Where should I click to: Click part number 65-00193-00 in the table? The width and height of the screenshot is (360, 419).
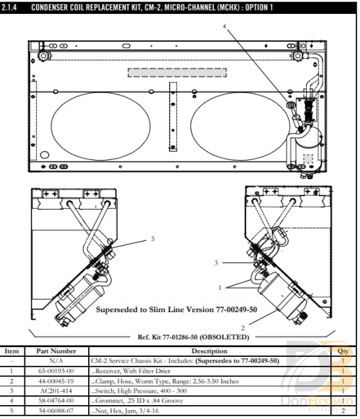(56, 371)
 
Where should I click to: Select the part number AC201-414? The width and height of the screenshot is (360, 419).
(56, 391)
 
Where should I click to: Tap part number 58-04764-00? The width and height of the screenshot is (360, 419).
(56, 401)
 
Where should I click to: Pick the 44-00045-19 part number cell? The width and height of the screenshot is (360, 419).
(56, 381)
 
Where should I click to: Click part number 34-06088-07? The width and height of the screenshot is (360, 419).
(56, 411)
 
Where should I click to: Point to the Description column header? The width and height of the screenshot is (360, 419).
(209, 351)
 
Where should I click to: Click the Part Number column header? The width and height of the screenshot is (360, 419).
(56, 351)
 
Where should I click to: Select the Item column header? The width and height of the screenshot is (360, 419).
(11, 351)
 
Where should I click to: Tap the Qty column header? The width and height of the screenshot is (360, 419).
(343, 351)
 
